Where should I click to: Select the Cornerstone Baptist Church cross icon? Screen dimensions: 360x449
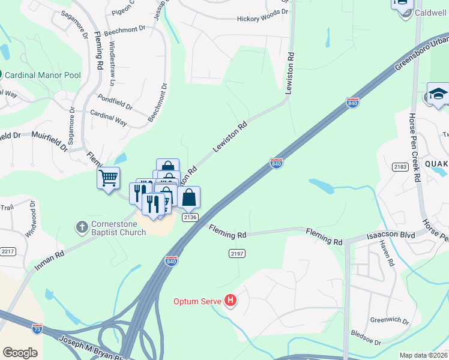[x=82, y=227]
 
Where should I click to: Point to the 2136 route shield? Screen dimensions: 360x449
[x=189, y=217]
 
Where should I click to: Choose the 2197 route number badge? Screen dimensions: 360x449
[x=237, y=254]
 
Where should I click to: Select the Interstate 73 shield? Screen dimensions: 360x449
[x=37, y=328]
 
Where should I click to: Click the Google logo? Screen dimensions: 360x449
[x=20, y=353]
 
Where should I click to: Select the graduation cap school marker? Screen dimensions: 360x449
[x=438, y=94]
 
